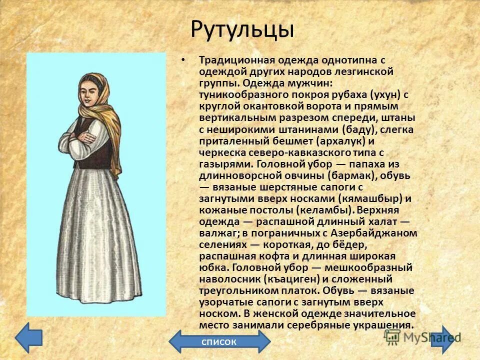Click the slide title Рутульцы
pyautogui.click(x=242, y=30)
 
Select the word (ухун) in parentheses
pyautogui.click(x=370, y=94)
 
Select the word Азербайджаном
pyautogui.click(x=381, y=233)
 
